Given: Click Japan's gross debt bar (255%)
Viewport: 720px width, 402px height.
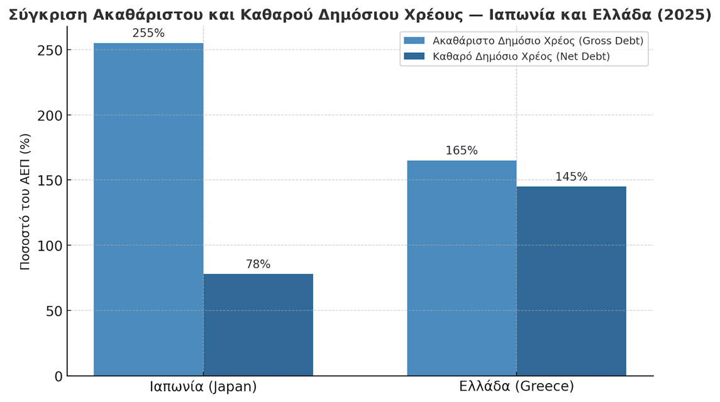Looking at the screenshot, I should click(148, 209).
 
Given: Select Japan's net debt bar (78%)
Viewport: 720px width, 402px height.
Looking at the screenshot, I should click(258, 325).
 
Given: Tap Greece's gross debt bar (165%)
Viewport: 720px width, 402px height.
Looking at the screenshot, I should click(462, 268).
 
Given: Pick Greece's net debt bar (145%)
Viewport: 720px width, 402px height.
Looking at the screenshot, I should click(571, 281).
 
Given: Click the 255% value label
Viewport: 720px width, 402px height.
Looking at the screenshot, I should click(148, 33).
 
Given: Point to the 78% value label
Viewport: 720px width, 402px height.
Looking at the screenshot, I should click(258, 264).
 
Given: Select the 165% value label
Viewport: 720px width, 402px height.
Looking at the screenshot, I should click(462, 151).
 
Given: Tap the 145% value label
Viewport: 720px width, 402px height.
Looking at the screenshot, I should click(571, 177).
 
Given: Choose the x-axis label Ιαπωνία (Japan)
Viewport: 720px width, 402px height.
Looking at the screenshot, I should click(203, 387).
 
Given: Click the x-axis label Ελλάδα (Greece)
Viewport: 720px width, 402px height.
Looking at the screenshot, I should click(516, 387).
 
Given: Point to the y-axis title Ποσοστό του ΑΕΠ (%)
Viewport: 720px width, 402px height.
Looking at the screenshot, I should click(25, 201).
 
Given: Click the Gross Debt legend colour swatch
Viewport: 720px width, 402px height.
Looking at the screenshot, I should click(414, 41).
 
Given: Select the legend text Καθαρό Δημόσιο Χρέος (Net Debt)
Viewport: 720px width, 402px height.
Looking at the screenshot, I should click(521, 57).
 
